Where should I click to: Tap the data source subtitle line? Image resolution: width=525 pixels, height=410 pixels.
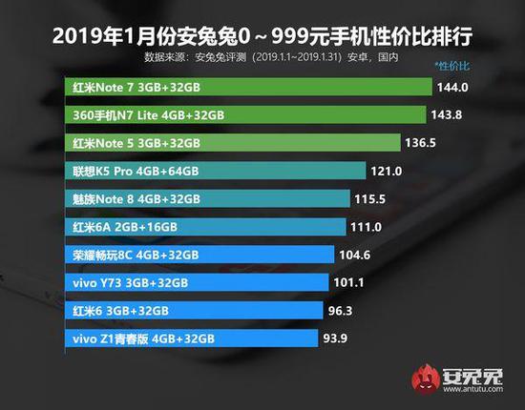pyautogui.click(x=262, y=58)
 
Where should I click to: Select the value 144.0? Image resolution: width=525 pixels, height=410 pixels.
pyautogui.click(x=451, y=87)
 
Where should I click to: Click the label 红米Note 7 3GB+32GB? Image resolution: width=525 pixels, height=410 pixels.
pyautogui.click(x=136, y=87)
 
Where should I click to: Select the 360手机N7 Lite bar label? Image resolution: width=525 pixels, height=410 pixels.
pyautogui.click(x=148, y=114)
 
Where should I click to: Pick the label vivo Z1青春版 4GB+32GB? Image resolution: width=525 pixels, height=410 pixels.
pyautogui.click(x=143, y=339)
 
